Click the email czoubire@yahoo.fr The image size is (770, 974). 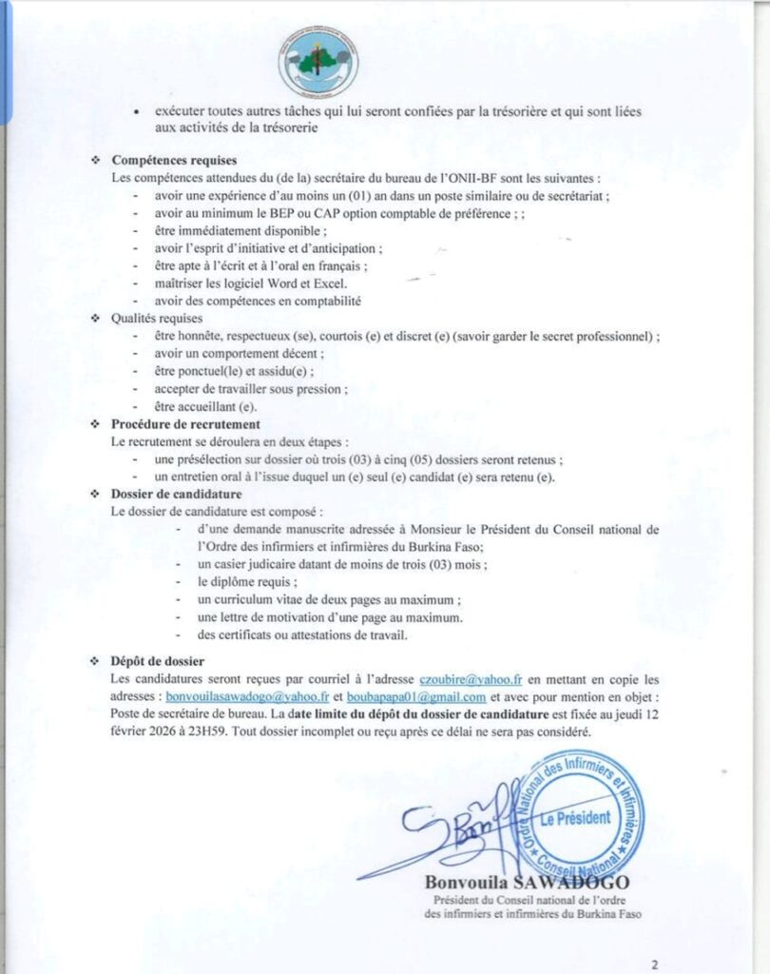pos(472,679)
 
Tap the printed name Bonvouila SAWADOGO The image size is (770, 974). pos(526,883)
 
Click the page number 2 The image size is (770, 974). pos(655,963)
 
